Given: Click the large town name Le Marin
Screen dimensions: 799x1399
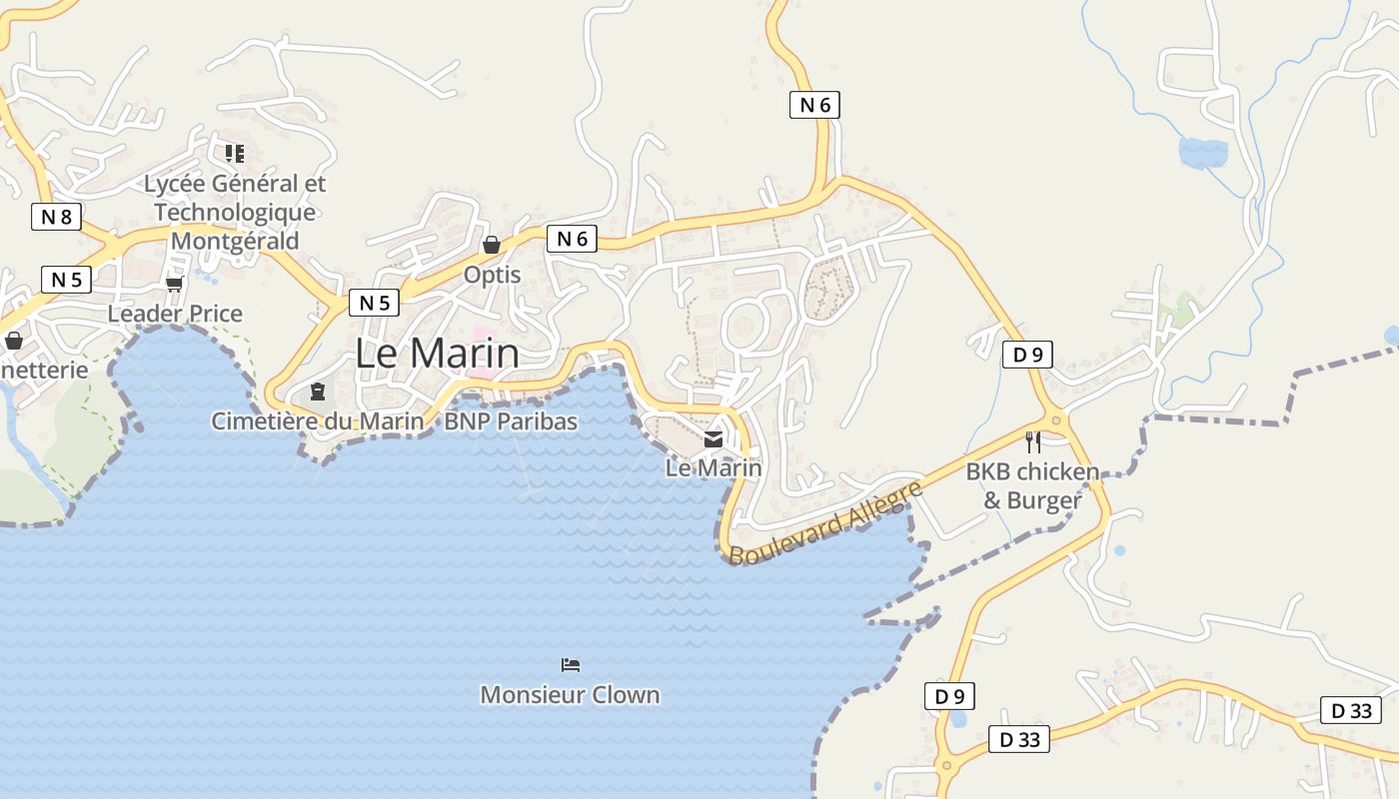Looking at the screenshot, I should (437, 354).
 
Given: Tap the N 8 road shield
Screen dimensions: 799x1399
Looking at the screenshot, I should (56, 217).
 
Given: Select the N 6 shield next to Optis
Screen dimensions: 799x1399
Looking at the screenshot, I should (572, 239).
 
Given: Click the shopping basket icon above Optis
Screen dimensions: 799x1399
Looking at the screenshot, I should (492, 245).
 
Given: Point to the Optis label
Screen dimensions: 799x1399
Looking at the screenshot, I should (492, 274).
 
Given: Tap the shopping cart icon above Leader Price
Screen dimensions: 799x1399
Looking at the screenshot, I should (175, 285).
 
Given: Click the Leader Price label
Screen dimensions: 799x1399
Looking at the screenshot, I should (175, 314).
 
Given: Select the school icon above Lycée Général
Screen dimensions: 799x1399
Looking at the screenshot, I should (235, 154).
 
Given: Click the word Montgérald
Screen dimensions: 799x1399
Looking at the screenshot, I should (235, 241).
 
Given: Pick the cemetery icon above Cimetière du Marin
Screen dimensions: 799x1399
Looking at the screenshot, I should (318, 392).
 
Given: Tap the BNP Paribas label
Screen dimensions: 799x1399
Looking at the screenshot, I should (511, 421).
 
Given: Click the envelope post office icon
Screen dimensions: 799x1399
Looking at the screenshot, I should (713, 439).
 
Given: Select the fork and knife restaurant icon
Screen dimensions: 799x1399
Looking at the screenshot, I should (1033, 441).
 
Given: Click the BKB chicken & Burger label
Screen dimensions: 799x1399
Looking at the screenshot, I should (1032, 485).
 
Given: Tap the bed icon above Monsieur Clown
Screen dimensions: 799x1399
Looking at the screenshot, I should (571, 665).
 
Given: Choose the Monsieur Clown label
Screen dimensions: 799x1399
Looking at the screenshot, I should (570, 695).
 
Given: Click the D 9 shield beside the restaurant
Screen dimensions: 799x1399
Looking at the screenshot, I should (1027, 355).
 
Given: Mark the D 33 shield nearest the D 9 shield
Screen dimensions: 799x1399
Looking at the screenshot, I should (1019, 739).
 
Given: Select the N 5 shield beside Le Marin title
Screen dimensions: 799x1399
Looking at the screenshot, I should (374, 303).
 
